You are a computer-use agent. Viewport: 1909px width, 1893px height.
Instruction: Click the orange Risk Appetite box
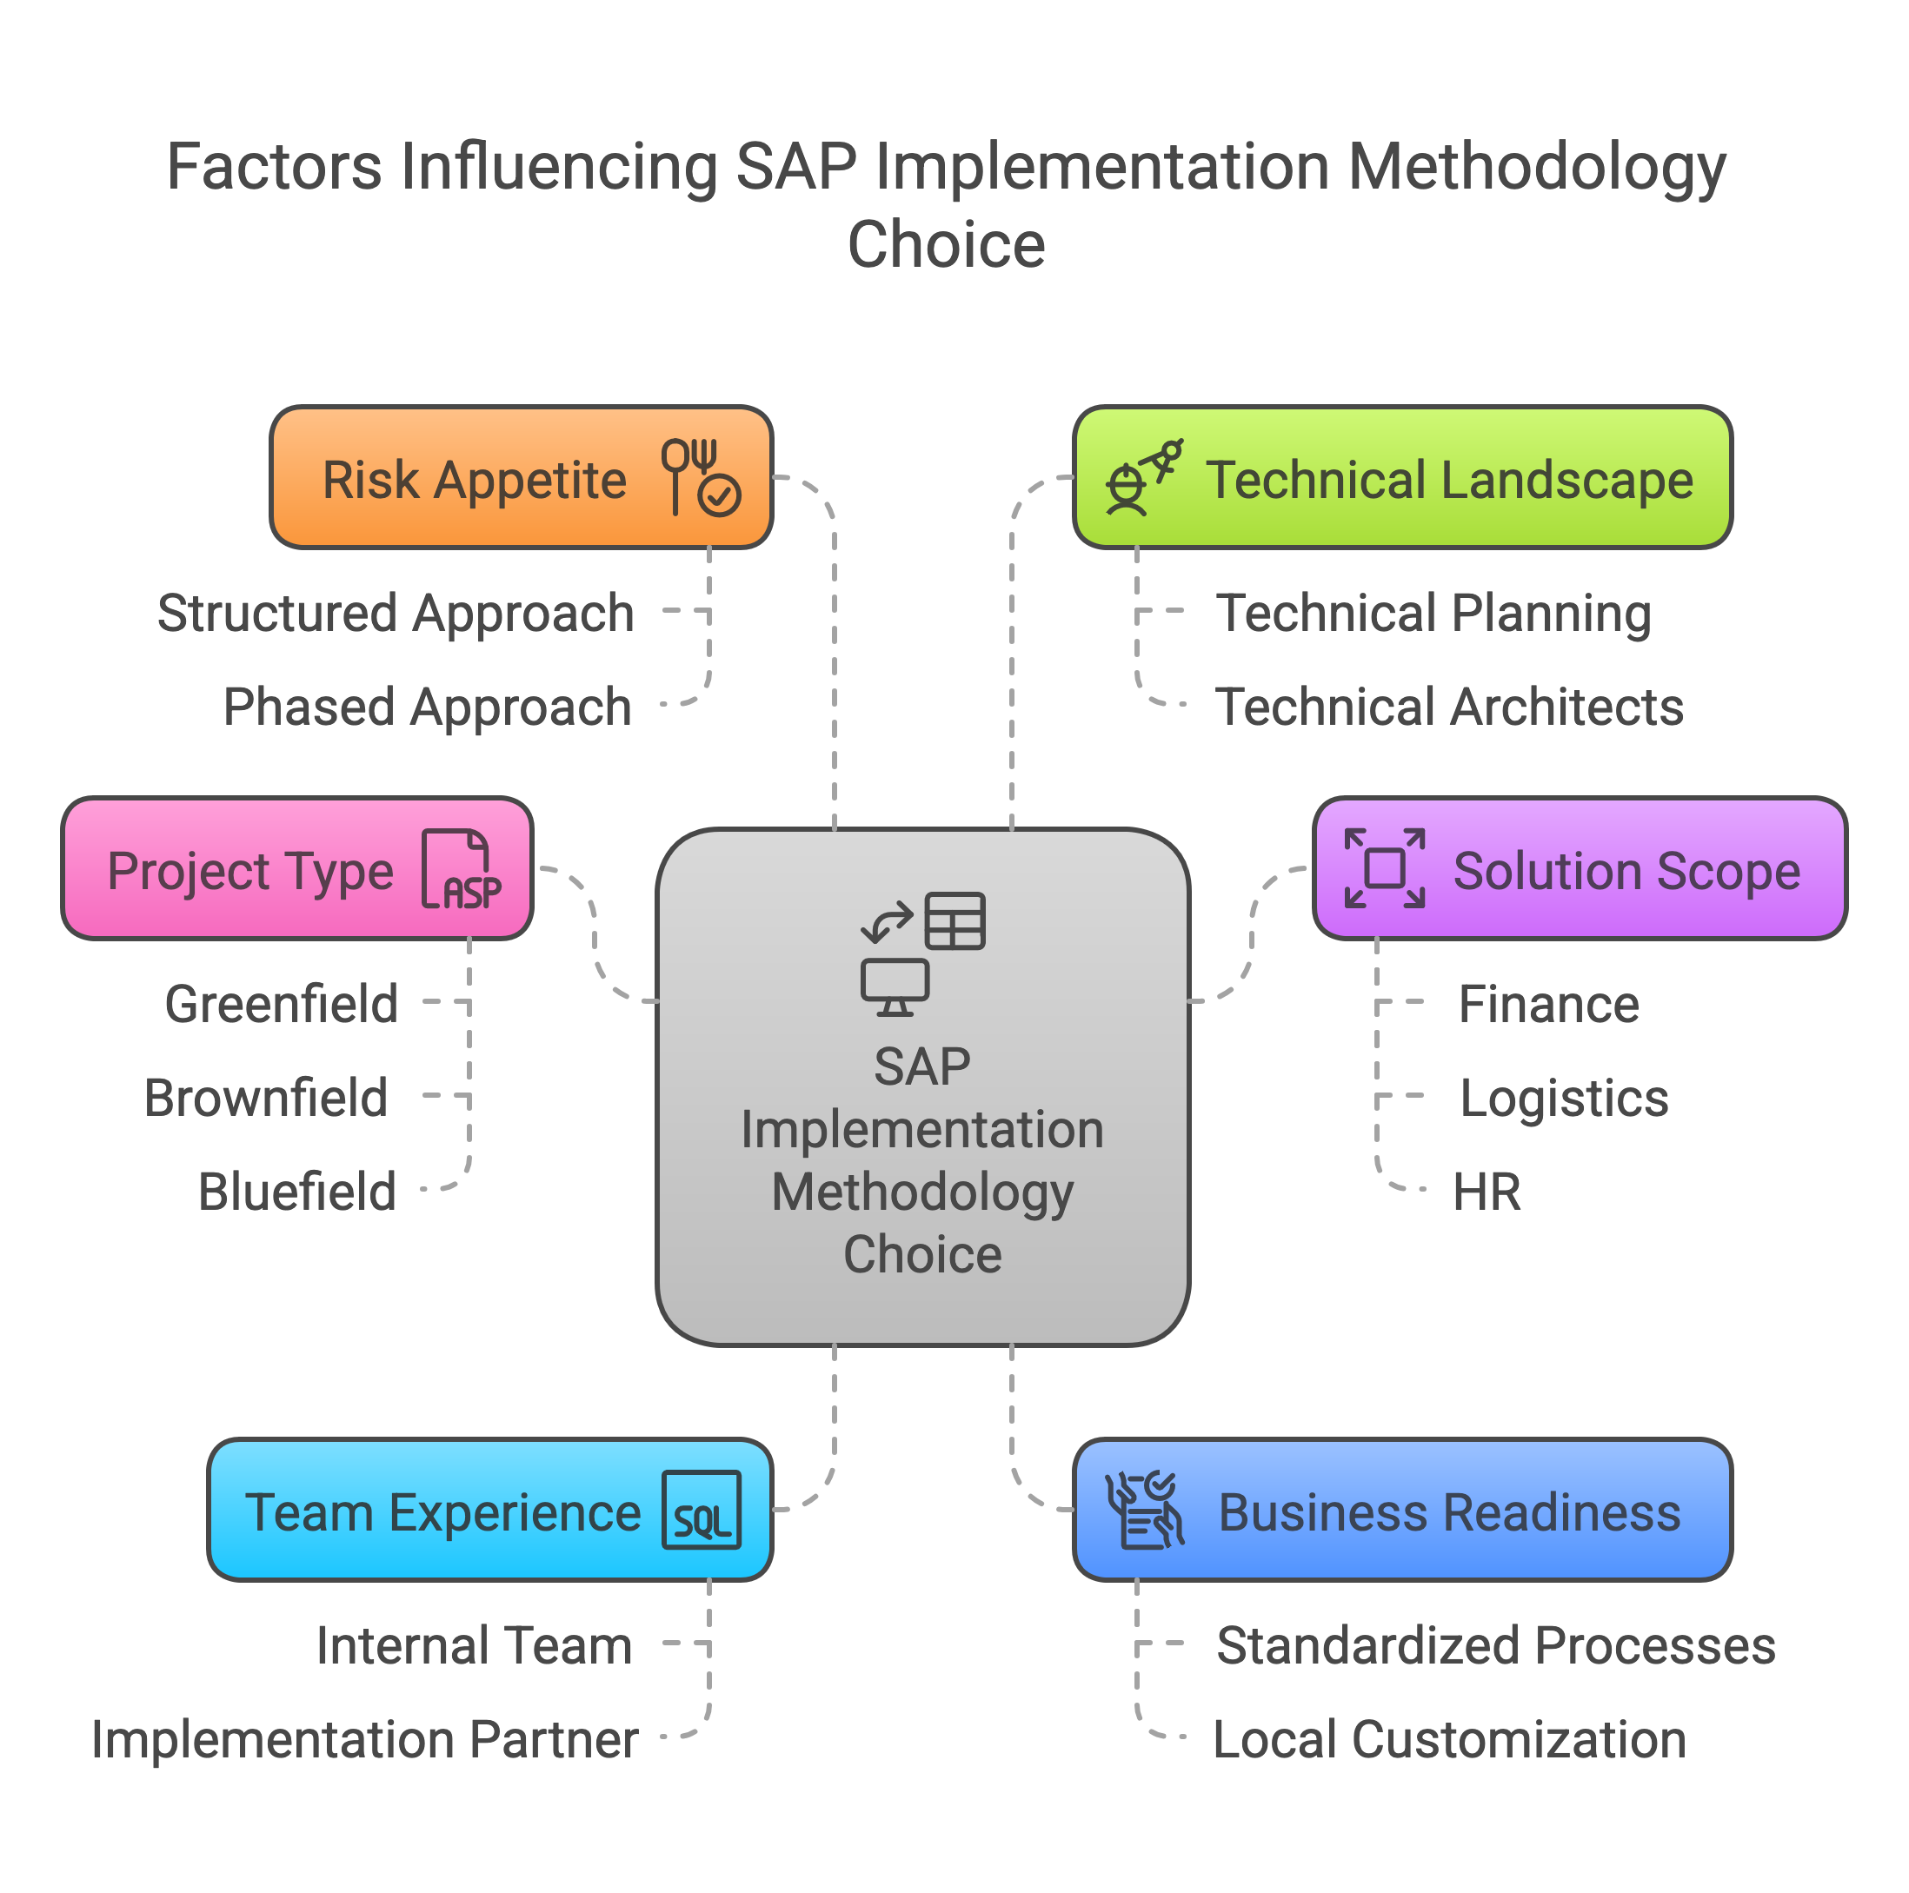click(521, 477)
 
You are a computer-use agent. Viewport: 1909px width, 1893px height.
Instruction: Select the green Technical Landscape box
click(1402, 477)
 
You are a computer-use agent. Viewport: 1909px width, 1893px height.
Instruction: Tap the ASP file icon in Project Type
click(462, 869)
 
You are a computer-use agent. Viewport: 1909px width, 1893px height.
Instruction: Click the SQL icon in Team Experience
click(702, 1510)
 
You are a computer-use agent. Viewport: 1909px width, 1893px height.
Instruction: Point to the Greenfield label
click(282, 1004)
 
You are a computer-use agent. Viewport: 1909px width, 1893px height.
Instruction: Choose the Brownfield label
click(266, 1098)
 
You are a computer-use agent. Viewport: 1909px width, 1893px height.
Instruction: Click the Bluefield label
click(296, 1192)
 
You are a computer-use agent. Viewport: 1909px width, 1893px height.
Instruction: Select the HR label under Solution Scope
click(1487, 1192)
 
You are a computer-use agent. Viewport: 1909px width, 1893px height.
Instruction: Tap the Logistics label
click(1563, 1098)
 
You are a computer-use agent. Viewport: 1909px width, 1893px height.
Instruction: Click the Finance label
click(1548, 1004)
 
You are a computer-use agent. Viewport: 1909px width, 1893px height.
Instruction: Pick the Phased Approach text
click(427, 707)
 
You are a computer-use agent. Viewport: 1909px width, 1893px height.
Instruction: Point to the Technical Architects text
click(1448, 707)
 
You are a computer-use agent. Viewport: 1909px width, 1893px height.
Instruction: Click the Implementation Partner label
click(363, 1739)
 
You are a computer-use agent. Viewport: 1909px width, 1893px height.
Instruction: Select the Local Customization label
click(1448, 1739)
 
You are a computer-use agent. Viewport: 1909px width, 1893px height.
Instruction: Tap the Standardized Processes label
click(1495, 1645)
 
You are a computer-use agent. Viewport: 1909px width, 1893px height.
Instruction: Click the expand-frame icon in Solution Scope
click(1384, 868)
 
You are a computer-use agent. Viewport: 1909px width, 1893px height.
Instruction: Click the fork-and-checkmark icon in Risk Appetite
click(701, 477)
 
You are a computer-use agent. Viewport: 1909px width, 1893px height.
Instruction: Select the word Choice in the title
click(946, 244)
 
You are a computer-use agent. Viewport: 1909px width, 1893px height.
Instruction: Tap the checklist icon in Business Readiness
click(1144, 1510)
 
